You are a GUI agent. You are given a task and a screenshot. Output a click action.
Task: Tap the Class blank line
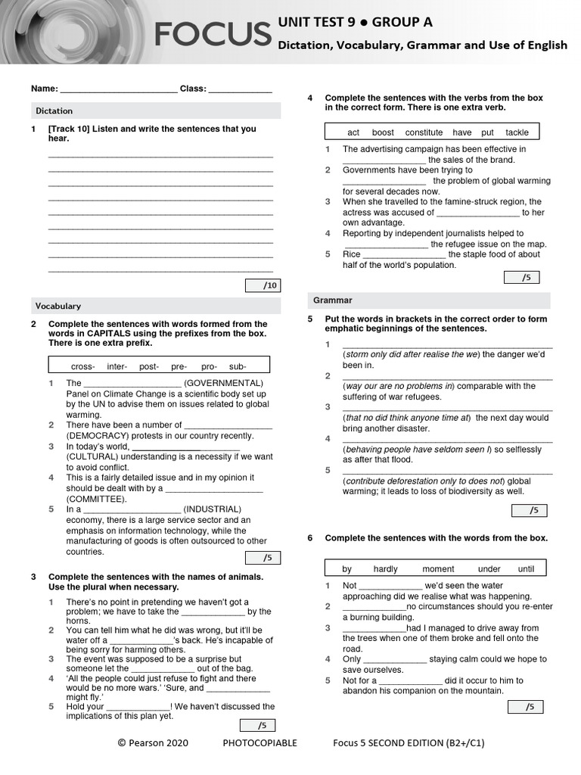coord(240,90)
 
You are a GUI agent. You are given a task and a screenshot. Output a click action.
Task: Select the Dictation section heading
coord(54,110)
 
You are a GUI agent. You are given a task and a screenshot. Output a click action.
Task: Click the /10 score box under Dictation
coord(263,285)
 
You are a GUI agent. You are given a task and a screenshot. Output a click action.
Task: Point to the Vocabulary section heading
coord(58,306)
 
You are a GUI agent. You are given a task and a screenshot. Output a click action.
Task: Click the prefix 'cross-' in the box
coord(82,366)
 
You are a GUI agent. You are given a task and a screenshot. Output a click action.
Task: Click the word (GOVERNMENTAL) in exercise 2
coord(224,383)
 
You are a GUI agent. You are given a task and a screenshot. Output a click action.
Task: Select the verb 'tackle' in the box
coord(517,132)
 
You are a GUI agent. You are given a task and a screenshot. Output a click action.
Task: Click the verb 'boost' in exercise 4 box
coord(383,132)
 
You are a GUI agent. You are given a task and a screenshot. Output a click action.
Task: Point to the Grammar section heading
coord(333,300)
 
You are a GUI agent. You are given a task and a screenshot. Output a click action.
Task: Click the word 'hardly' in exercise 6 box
coord(385,569)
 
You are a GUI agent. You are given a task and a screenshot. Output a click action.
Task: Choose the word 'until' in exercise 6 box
coord(526,569)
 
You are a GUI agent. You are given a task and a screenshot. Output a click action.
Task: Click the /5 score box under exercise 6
coord(527,707)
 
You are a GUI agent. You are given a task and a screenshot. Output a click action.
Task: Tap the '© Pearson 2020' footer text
coord(153,742)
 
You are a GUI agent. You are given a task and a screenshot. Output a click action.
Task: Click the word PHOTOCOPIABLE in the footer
coord(259,742)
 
